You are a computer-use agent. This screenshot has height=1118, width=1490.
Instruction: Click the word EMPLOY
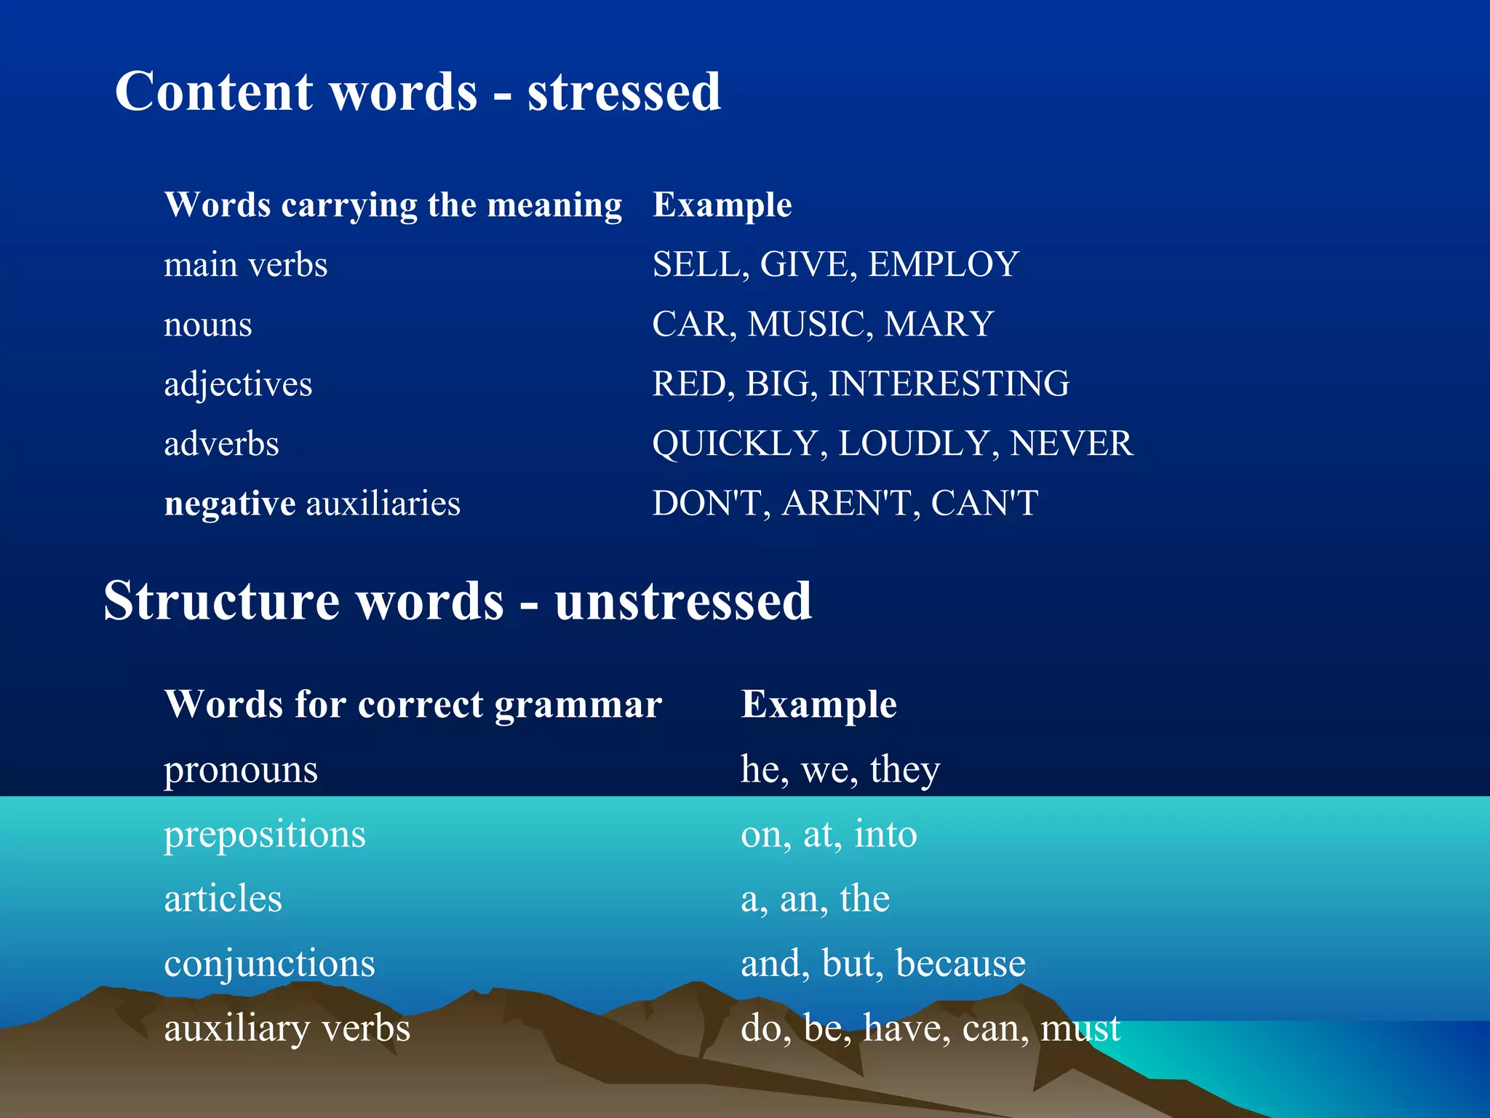943,264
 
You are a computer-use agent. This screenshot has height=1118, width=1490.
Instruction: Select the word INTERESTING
949,384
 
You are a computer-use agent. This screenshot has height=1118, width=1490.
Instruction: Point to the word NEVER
1072,443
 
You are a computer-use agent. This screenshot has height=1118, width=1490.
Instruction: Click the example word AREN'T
846,503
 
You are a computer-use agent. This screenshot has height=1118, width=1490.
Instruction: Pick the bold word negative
230,503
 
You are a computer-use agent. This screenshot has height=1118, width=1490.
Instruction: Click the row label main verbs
246,264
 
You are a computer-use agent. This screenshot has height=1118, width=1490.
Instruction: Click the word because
960,964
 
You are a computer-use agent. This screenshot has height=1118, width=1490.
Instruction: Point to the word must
1080,1028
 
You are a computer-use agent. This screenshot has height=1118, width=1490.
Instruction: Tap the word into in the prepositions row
885,834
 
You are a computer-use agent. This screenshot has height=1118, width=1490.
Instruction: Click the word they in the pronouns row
905,770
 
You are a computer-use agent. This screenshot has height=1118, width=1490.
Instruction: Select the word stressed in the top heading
624,92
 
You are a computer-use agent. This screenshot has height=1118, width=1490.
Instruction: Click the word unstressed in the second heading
682,601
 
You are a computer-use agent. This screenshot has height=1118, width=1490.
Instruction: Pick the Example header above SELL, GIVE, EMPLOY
722,205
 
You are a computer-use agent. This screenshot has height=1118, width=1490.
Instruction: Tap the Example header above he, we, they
818,705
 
